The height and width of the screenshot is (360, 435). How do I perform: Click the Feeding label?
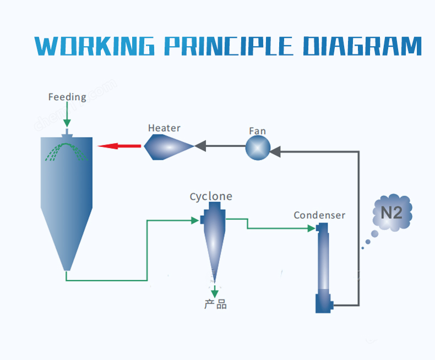point(67,97)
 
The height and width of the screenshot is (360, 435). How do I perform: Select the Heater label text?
point(164,128)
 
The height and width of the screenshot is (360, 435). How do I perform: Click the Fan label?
point(257,131)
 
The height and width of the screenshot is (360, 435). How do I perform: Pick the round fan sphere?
point(258,148)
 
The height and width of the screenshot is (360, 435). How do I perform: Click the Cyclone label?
point(211,197)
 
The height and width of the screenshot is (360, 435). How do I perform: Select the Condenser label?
point(319,215)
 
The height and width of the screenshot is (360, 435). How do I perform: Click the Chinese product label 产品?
point(215,304)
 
